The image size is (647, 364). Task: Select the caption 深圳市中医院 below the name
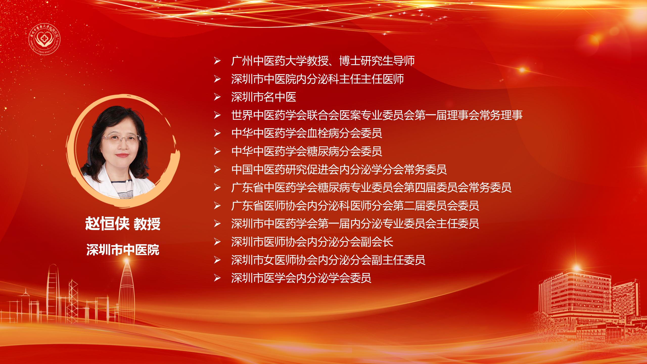(123, 250)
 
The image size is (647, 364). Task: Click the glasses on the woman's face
(121, 138)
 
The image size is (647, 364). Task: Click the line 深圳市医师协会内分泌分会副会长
(312, 242)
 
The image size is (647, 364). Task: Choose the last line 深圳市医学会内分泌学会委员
(301, 278)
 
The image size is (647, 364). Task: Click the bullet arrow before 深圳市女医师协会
(217, 260)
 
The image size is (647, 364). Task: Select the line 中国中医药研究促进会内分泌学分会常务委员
(339, 170)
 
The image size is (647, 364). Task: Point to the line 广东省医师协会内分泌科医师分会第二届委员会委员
(355, 206)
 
